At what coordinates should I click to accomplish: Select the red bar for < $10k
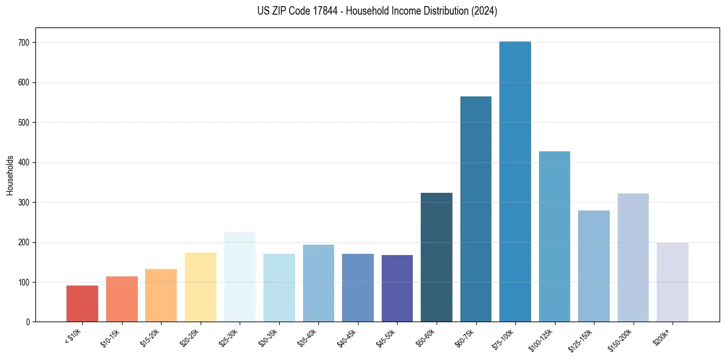(82, 304)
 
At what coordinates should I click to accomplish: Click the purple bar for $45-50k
(397, 289)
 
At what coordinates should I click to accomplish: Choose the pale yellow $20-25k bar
(201, 287)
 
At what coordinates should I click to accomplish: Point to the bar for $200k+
(673, 283)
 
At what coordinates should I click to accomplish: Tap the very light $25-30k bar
(240, 277)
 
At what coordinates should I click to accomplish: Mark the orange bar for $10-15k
(122, 299)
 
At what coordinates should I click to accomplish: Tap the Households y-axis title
(10, 175)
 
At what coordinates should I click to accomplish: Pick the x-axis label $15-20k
(152, 338)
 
